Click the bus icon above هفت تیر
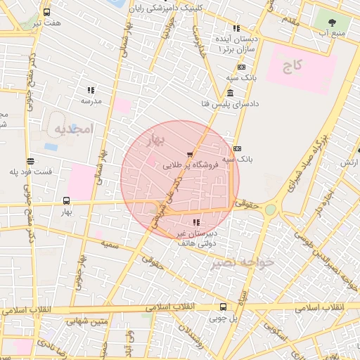47,13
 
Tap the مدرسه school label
91,101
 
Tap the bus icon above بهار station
67,200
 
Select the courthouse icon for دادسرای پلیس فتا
231,94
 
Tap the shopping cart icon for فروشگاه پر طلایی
189,155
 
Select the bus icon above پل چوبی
224,307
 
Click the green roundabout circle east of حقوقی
271,210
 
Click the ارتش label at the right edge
348,162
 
